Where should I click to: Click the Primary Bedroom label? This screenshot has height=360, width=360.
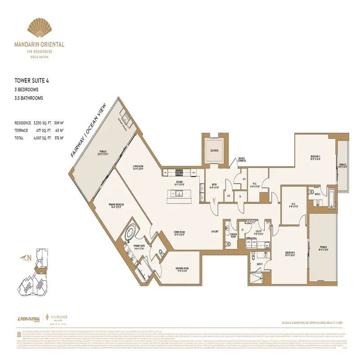tap(116, 205)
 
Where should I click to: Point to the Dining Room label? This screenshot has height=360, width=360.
tap(180, 233)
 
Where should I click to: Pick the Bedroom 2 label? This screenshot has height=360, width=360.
tap(315, 157)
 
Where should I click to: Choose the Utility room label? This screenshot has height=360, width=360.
tap(258, 233)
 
